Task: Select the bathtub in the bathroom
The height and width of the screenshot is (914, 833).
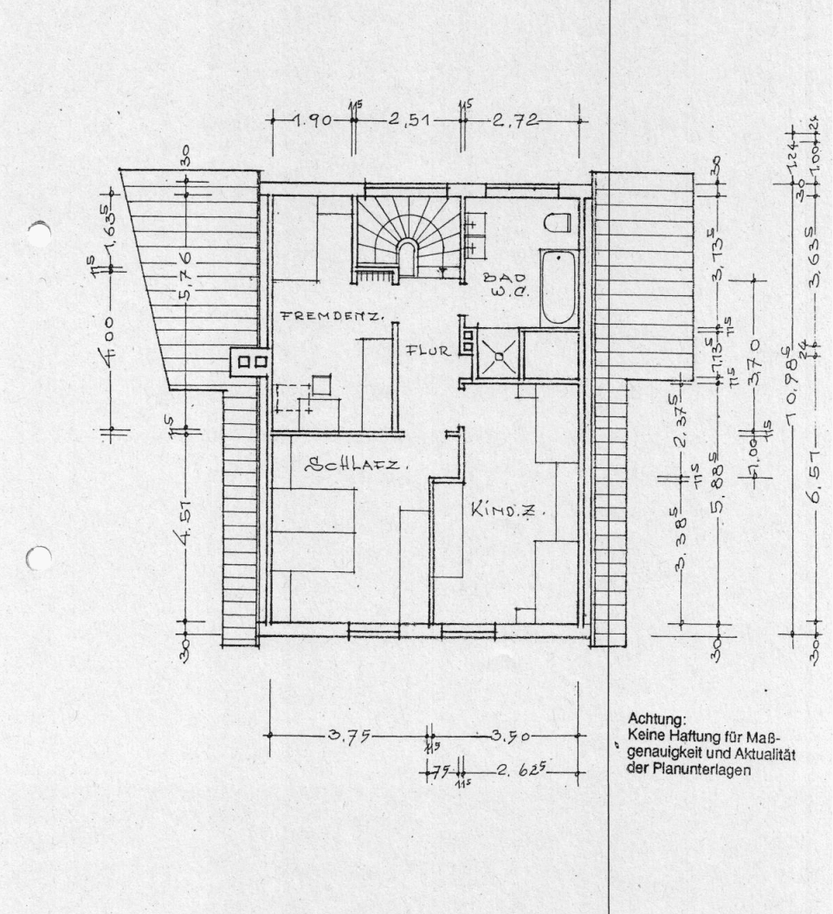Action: (558, 286)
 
